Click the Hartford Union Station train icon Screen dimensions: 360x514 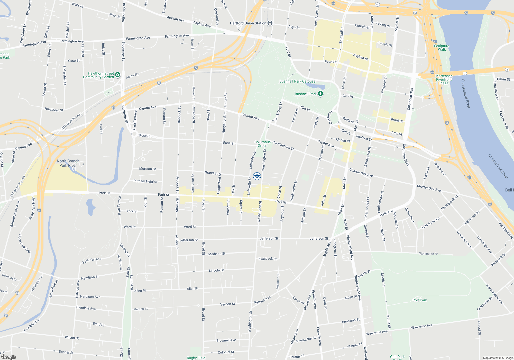(270, 23)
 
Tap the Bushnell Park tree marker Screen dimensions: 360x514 (320, 94)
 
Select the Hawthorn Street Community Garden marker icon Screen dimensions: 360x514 (118, 75)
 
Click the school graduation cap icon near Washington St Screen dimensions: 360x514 (257, 176)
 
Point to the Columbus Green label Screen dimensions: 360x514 (262, 144)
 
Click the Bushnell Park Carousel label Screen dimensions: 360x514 (298, 81)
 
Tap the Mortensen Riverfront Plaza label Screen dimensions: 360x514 (444, 79)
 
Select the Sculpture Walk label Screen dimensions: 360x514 (442, 48)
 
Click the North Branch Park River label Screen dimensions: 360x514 (68, 163)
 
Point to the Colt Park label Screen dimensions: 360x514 (419, 300)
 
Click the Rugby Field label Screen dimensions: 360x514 (196, 358)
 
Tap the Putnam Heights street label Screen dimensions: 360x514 (145, 181)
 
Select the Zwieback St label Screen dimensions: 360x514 (268, 259)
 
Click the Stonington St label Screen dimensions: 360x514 (428, 254)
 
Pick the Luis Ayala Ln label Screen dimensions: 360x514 (431, 223)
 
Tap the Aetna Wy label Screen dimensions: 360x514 (132, 76)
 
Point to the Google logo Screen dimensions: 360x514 (9, 357)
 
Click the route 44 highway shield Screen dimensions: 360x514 (377, 4)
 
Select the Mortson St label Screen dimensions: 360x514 (147, 169)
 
